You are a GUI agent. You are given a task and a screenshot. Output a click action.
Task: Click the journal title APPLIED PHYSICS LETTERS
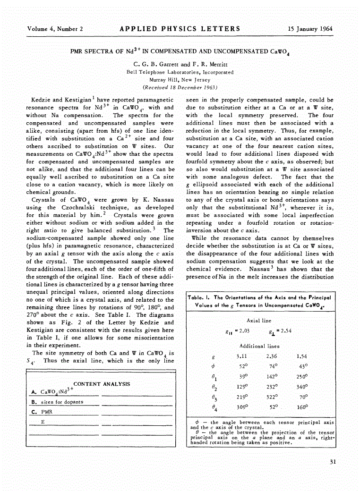180,29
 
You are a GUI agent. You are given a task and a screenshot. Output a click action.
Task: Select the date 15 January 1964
310,29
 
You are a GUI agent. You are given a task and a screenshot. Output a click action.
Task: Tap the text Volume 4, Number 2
55,29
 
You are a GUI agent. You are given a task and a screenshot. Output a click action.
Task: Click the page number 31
333,462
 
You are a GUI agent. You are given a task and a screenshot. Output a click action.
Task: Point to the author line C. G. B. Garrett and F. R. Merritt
180,64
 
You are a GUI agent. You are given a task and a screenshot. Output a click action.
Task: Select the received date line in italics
180,87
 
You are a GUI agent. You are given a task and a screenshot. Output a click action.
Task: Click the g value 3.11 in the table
241,356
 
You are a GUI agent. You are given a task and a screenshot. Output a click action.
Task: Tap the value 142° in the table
271,376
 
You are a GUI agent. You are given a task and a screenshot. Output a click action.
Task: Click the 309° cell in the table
242,406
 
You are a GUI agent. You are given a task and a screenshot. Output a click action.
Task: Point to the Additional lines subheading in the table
259,346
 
